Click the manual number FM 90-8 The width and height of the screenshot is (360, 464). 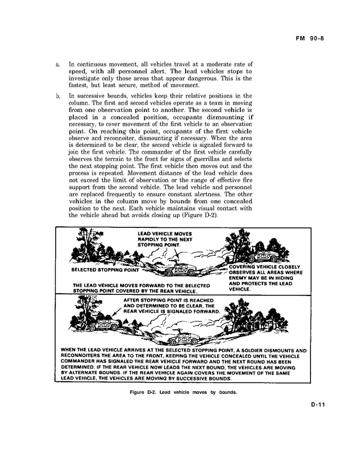tap(314, 38)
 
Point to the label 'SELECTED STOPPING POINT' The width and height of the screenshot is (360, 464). tap(105, 270)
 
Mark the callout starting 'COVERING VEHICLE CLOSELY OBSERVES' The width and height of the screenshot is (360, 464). tap(266, 278)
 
